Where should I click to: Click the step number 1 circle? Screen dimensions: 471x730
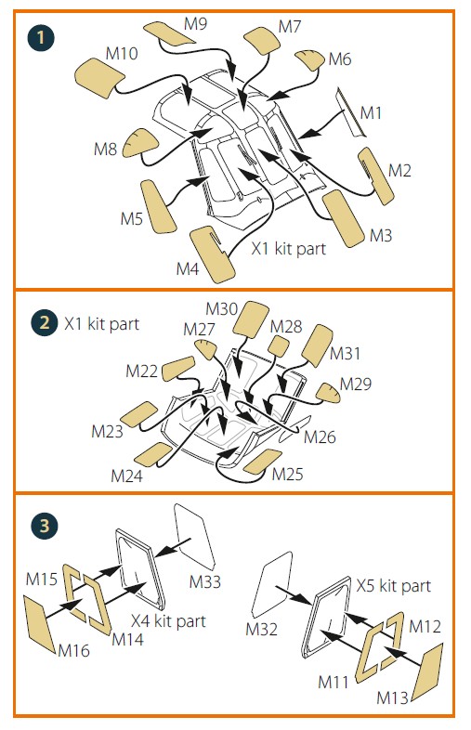(41, 38)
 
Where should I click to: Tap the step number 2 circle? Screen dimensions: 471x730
(45, 322)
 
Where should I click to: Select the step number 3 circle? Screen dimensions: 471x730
(45, 526)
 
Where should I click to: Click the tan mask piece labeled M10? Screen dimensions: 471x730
(99, 77)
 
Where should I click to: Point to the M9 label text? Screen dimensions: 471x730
(195, 23)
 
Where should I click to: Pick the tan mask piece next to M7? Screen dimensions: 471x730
(262, 40)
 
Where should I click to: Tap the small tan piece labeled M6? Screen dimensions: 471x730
(309, 59)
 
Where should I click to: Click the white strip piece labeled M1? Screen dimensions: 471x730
(351, 112)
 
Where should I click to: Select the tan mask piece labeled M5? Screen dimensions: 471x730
(159, 206)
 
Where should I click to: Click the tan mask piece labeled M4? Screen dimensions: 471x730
(212, 254)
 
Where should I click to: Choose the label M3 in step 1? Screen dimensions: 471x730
(381, 236)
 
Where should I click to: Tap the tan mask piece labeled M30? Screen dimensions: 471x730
(251, 319)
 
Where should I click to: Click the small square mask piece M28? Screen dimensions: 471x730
(279, 345)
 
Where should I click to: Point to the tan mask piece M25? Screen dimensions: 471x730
(263, 462)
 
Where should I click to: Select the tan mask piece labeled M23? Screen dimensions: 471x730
(138, 414)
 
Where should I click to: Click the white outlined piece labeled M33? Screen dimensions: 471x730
(194, 536)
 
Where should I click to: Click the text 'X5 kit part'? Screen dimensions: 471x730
(394, 586)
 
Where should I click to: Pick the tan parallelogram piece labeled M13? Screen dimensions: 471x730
(428, 671)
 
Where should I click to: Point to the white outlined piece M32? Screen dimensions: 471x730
(271, 585)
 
